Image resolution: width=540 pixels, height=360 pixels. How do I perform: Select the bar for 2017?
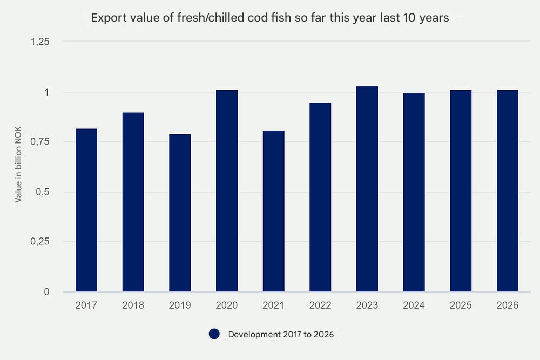coord(86,210)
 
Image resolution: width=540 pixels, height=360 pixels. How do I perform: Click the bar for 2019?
coord(180,213)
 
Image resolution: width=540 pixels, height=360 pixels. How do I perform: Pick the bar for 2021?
coord(273,211)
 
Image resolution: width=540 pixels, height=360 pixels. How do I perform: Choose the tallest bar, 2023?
coord(367,189)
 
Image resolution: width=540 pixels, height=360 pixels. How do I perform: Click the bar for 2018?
coord(133,202)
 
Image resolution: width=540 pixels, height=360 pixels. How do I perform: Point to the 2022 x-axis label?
coord(320,305)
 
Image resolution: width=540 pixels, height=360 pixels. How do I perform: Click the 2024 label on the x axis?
coord(414,305)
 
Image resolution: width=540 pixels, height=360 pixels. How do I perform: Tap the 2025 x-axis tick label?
coord(461,305)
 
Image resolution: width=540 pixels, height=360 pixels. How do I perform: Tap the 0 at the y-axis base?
coord(46,292)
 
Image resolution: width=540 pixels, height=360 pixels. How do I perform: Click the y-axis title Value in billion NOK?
coord(18,167)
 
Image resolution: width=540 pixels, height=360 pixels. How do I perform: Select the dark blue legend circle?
coord(214,334)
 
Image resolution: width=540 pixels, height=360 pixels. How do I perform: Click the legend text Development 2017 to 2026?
coord(281,335)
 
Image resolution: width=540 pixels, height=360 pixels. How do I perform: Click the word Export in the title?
coord(106,18)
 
